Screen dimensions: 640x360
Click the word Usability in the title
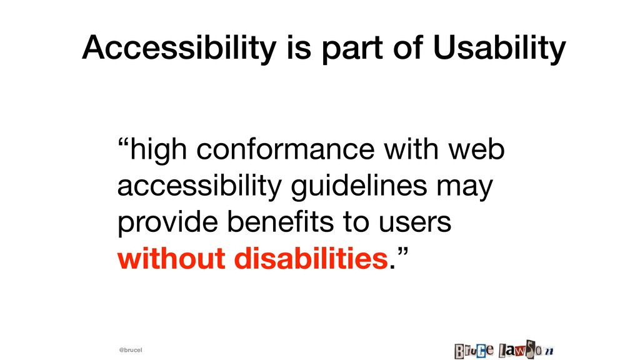(x=499, y=49)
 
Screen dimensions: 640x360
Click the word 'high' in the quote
(x=158, y=149)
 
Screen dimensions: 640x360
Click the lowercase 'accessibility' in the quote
(x=199, y=186)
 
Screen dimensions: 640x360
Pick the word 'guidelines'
(x=359, y=186)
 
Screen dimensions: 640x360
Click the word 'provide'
(x=167, y=222)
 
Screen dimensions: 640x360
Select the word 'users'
(x=415, y=224)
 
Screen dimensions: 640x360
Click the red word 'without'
(x=171, y=258)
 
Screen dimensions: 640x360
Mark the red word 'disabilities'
(x=311, y=258)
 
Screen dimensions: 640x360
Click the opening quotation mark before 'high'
(x=123, y=144)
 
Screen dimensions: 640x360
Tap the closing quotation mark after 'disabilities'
(x=402, y=252)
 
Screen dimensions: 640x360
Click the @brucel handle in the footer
(x=131, y=350)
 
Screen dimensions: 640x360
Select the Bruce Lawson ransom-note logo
(x=504, y=350)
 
